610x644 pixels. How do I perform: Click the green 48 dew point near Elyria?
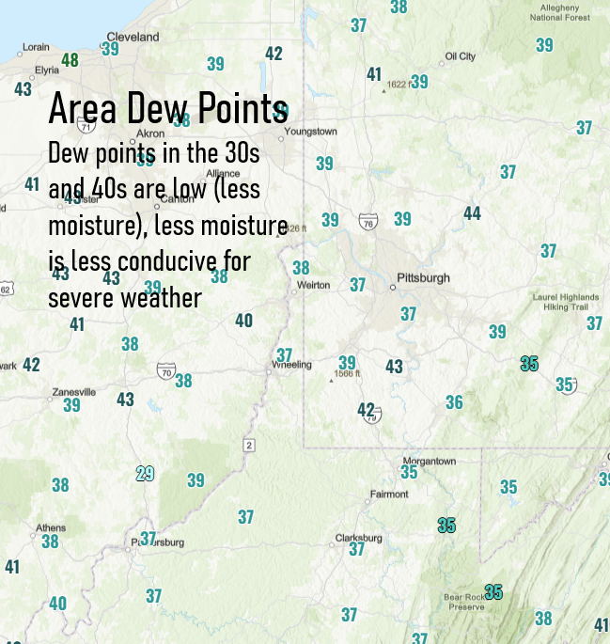point(70,60)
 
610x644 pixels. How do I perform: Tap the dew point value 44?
point(472,213)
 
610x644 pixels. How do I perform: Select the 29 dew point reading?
point(145,473)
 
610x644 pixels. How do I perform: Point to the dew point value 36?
point(454,402)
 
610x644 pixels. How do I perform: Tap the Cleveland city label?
point(133,38)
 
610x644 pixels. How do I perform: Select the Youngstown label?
point(310,132)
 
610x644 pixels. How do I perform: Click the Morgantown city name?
point(429,462)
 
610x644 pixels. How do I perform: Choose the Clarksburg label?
point(359,539)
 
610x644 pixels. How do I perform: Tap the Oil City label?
point(461,56)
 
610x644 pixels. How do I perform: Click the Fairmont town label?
point(389,494)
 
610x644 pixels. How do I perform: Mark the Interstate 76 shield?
point(368,221)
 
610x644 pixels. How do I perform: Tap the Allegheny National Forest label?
point(560,12)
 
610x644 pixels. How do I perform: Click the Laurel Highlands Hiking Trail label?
point(560,302)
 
